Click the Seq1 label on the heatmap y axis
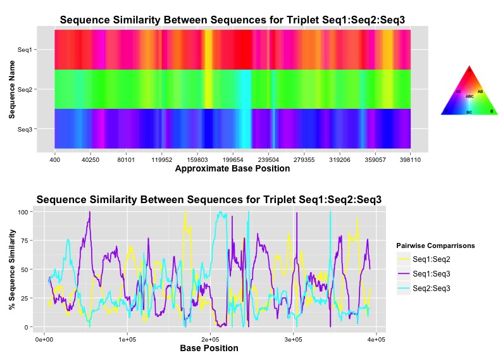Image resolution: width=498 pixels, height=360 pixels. [25, 49]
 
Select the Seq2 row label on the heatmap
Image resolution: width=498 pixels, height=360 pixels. [25, 89]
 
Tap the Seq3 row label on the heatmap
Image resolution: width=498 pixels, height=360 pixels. [25, 129]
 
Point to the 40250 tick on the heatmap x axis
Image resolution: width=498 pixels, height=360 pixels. [90, 160]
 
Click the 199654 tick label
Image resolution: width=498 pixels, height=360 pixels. [233, 160]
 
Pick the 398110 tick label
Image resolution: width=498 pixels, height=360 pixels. [411, 160]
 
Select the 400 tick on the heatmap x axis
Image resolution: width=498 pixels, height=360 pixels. [55, 160]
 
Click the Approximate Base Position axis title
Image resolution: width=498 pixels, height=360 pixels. [232, 169]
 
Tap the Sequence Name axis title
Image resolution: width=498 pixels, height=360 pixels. [11, 89]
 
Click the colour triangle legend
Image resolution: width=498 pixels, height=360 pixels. [469, 92]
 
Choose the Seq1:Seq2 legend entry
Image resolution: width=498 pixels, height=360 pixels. [432, 259]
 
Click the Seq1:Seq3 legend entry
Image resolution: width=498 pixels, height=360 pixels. [432, 273]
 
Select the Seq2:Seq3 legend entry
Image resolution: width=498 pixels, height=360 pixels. [432, 288]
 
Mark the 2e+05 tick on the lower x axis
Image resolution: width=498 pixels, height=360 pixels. [210, 340]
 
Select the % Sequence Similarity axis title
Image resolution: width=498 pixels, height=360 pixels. [11, 270]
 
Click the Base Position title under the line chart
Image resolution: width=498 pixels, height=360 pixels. [209, 349]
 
